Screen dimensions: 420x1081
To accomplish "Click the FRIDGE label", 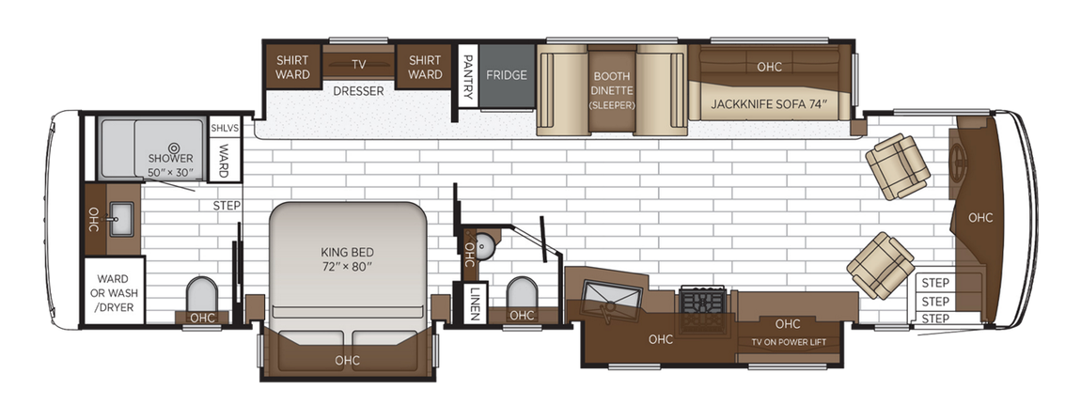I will coord(507,75).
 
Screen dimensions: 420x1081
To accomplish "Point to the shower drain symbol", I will coord(174,146).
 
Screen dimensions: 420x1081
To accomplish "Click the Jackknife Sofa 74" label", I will coord(768,102).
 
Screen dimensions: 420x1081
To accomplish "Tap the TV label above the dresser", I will coord(358,65).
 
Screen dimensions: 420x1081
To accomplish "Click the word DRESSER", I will coord(358,91).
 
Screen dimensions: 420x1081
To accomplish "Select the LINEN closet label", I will coord(476,303).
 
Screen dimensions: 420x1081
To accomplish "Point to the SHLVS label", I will coord(225,128).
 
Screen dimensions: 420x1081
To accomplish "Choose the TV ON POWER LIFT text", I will coord(789,341).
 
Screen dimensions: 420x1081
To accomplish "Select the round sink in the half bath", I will coord(484,247).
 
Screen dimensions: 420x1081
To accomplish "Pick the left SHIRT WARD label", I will coord(292,68).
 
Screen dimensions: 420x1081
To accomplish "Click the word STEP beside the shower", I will coord(227,206).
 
